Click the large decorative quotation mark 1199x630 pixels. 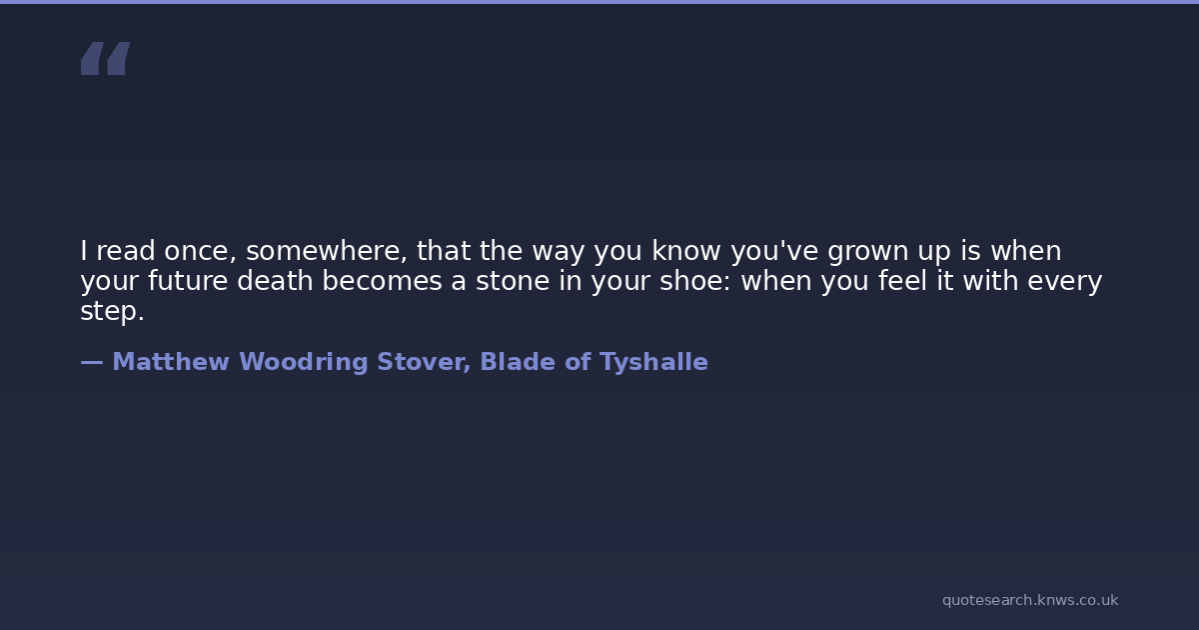[x=106, y=58]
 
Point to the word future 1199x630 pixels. [x=188, y=281]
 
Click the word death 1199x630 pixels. [x=275, y=281]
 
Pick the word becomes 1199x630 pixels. [x=382, y=281]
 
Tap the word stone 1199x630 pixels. [x=513, y=281]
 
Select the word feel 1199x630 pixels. [x=902, y=281]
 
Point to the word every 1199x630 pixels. [x=1065, y=282]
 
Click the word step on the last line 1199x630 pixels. [x=109, y=312]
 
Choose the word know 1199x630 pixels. [x=686, y=251]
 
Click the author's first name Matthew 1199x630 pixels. [x=171, y=362]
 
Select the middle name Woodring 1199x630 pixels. [x=304, y=363]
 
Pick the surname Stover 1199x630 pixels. [x=422, y=362]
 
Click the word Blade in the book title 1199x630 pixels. [x=518, y=362]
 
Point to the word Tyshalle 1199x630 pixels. [x=654, y=363]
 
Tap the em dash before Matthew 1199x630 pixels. [x=92, y=363]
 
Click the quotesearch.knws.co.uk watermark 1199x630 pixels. [x=1030, y=600]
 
